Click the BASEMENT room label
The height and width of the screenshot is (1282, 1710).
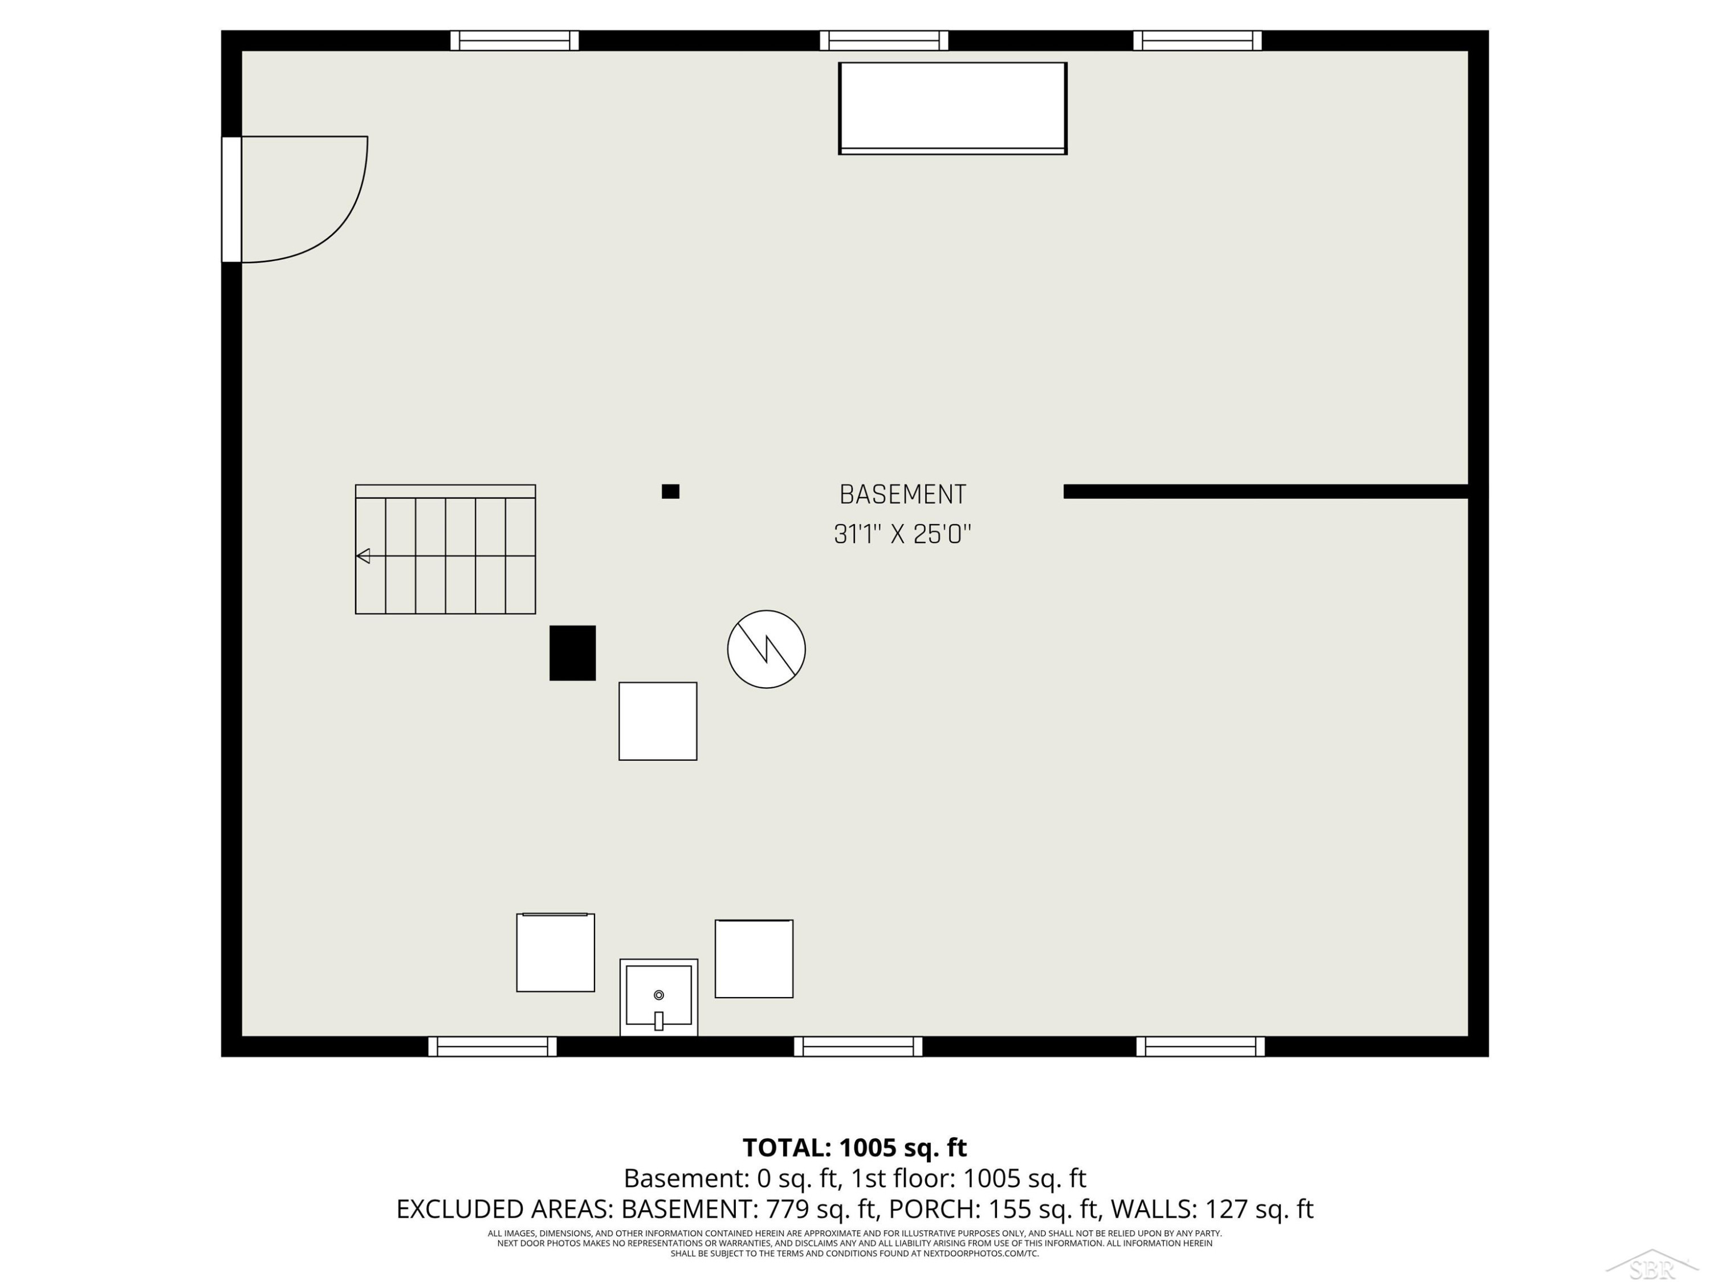point(902,495)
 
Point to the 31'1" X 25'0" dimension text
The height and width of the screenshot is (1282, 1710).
point(902,534)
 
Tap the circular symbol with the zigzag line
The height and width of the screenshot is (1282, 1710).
point(766,649)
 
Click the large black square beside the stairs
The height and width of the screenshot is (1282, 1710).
point(573,653)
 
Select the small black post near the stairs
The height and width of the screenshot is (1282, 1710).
point(670,492)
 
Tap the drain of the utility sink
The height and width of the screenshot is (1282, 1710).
point(659,994)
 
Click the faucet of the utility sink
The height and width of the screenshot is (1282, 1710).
point(659,1021)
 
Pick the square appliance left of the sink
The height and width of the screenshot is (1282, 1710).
point(556,952)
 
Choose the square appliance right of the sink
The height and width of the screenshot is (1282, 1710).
point(754,958)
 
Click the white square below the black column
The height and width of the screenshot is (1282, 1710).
point(658,721)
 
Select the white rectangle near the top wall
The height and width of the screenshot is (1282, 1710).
point(953,108)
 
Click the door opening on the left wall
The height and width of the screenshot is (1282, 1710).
point(232,199)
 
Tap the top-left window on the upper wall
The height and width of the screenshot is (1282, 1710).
point(515,40)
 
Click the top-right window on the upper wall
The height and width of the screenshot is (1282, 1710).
point(1198,40)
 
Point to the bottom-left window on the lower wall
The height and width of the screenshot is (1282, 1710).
point(492,1046)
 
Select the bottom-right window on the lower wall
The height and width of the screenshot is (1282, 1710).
point(1200,1046)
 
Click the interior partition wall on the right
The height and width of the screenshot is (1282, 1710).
point(1267,492)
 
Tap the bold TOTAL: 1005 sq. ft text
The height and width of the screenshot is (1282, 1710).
point(855,1148)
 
